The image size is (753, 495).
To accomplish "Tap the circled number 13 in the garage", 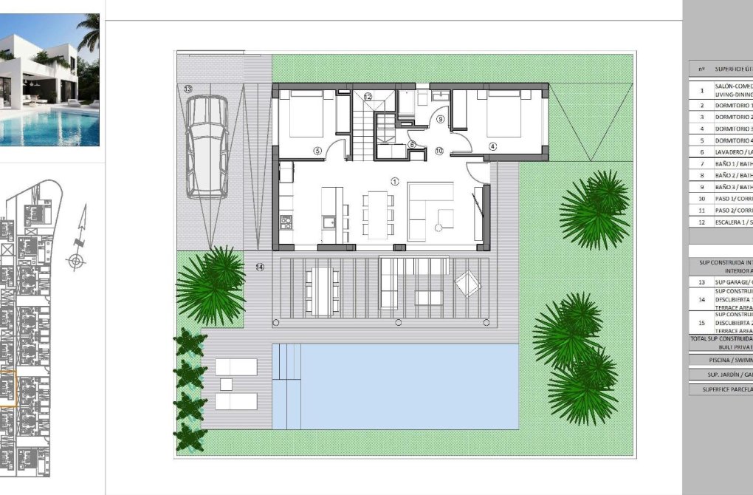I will point(188,89).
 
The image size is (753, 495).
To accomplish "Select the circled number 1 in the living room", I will point(395,181).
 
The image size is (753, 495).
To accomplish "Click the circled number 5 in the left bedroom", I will point(317,151).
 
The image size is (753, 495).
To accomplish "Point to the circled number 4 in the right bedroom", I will point(492,146).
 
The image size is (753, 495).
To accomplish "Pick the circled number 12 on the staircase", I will point(368,96).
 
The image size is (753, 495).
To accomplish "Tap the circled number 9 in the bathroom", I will point(441,118).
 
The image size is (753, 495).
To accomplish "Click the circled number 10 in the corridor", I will point(439,151).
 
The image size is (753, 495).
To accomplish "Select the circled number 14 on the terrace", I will point(259,267).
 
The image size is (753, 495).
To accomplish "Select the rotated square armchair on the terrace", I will point(467,284).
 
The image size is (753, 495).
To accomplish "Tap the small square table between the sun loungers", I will point(227,384).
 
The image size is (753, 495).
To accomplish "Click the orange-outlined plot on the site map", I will point(7,389).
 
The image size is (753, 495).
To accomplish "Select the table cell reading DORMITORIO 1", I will point(733,106).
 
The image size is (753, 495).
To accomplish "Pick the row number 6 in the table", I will point(701,152).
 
